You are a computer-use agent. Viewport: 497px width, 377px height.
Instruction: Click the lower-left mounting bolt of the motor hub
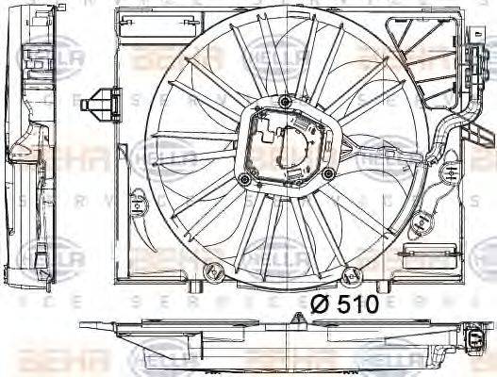pyautogui.click(x=245, y=178)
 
